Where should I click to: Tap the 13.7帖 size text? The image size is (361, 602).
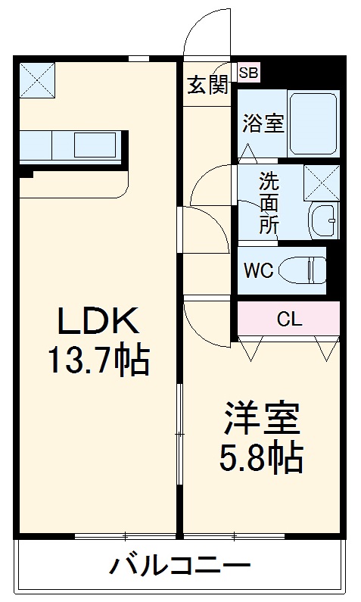pos(98,361)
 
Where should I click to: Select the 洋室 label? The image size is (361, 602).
pos(262,417)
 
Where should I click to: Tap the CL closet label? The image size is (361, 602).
pos(288,319)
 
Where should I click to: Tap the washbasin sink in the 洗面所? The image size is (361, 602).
pos(324,220)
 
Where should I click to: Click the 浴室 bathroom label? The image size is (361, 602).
pos(263,123)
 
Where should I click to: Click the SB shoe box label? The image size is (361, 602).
pos(248,73)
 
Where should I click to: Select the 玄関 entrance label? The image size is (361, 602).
pos(207,84)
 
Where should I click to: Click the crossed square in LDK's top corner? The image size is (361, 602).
pos(37,78)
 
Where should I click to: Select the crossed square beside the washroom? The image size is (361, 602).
pos(321,182)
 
